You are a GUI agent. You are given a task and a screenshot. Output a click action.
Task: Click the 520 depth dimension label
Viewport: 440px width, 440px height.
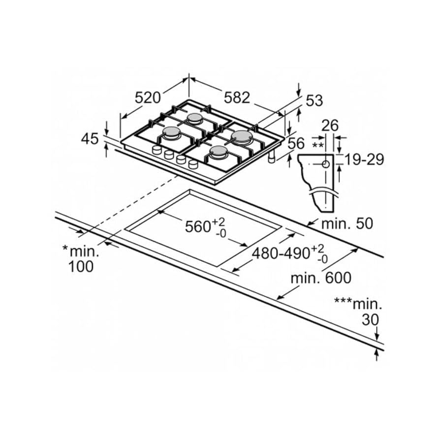[x=148, y=98]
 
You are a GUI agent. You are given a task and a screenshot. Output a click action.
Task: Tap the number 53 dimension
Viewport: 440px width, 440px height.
[x=314, y=100]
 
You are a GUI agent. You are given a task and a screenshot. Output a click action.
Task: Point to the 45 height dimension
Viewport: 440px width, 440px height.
[x=90, y=139]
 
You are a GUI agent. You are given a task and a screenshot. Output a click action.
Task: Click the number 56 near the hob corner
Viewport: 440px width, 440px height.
[x=296, y=144]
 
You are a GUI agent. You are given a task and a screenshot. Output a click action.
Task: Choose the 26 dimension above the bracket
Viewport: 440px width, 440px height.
[x=330, y=126]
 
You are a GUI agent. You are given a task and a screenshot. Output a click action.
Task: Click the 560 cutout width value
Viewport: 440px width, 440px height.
[x=198, y=226]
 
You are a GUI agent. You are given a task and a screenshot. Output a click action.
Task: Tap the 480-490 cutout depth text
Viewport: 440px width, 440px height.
[x=281, y=253]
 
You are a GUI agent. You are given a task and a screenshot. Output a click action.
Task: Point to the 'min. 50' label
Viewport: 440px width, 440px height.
[x=347, y=223]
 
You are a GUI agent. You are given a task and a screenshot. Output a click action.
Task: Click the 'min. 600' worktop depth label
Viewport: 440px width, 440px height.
[x=320, y=278]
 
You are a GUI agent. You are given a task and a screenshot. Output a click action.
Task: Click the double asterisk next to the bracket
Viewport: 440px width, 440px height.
[x=318, y=146]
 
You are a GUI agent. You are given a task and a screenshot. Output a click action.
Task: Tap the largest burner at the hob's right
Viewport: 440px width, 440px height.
[x=242, y=136]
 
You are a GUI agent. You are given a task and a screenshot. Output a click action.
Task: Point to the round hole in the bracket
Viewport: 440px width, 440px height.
[x=325, y=164]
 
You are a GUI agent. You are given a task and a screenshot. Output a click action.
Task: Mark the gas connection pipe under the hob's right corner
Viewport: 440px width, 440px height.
[x=271, y=158]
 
